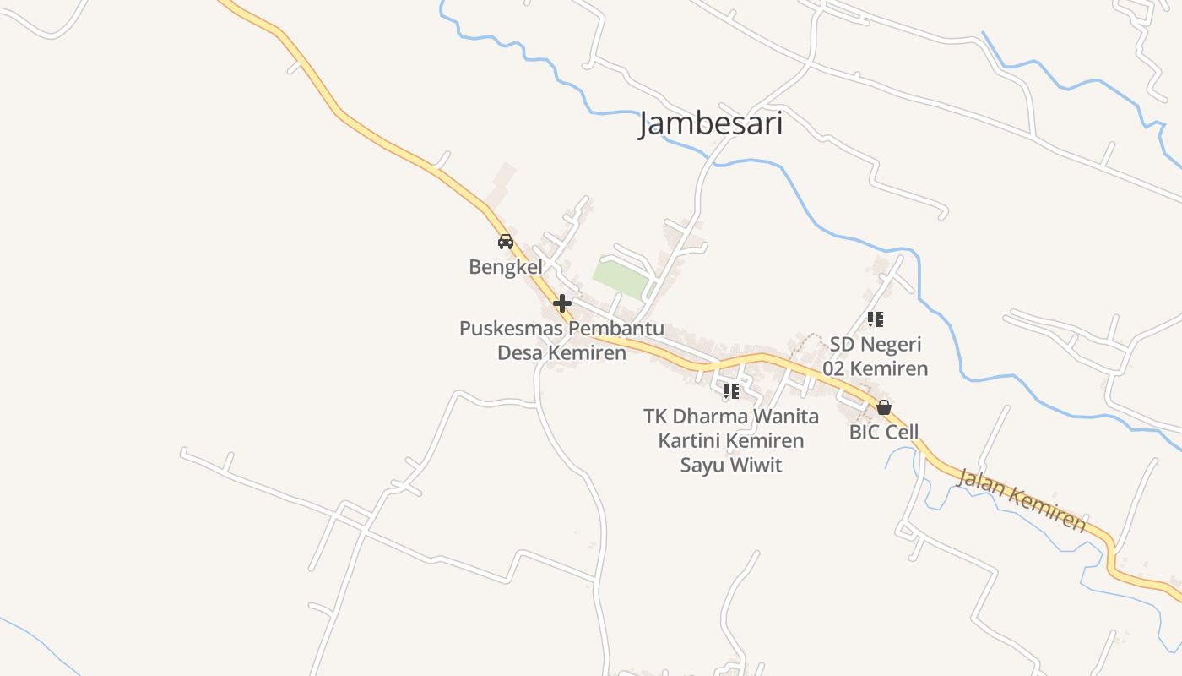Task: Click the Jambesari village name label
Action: point(711,124)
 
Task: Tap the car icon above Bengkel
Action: point(506,242)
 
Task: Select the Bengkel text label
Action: point(506,267)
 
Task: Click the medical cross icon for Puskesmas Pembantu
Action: point(562,303)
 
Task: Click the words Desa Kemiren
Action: point(561,352)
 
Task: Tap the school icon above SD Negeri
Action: point(876,319)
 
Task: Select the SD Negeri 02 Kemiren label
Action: point(876,356)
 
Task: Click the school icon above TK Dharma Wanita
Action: point(731,391)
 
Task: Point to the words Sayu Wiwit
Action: point(731,465)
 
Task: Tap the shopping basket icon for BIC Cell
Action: point(884,408)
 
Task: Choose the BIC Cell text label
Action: point(884,433)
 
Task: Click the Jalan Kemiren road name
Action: point(1022,499)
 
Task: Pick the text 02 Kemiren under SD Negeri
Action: point(876,368)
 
